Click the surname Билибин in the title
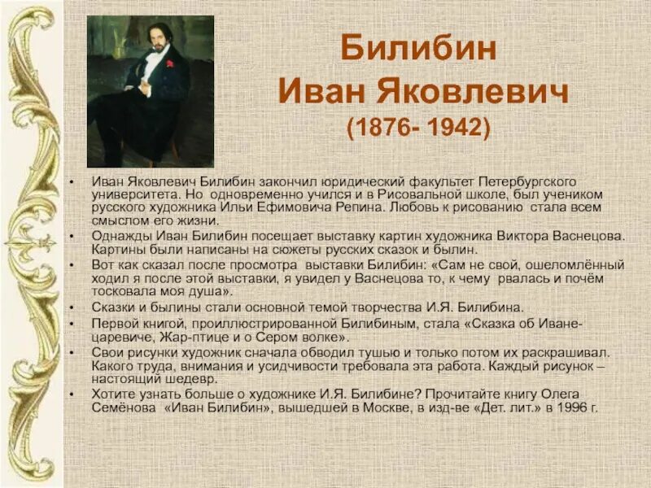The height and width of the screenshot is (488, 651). (x=417, y=50)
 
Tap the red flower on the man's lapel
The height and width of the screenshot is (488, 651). (x=169, y=63)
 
